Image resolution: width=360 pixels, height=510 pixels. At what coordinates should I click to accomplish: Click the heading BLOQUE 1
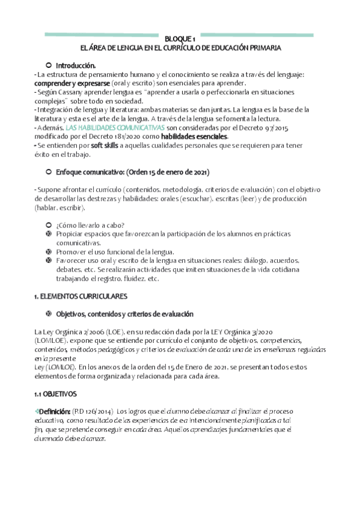(x=180, y=38)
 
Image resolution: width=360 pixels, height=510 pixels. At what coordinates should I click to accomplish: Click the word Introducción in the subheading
(x=76, y=65)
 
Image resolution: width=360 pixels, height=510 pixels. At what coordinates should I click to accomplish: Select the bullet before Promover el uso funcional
(x=48, y=251)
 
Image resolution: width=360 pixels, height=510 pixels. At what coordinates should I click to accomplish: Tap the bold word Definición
(x=53, y=394)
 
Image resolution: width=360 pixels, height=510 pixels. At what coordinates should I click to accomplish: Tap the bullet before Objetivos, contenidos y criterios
(x=48, y=314)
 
